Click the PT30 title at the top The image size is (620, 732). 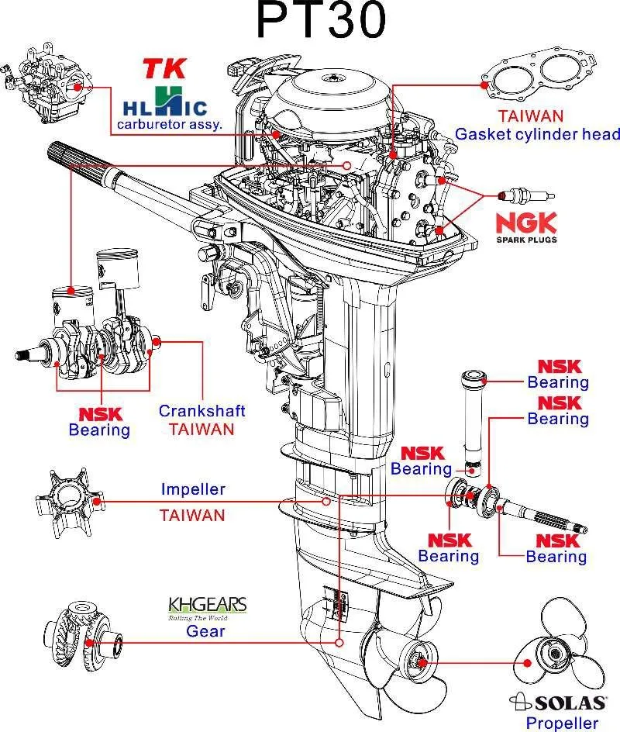click(320, 22)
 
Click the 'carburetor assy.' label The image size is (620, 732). click(169, 124)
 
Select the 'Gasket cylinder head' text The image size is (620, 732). click(537, 134)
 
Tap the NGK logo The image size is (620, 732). click(526, 223)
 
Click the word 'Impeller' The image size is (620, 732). click(193, 489)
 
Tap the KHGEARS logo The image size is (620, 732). click(207, 604)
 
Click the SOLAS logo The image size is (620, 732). click(558, 703)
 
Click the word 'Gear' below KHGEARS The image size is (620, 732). click(205, 630)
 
